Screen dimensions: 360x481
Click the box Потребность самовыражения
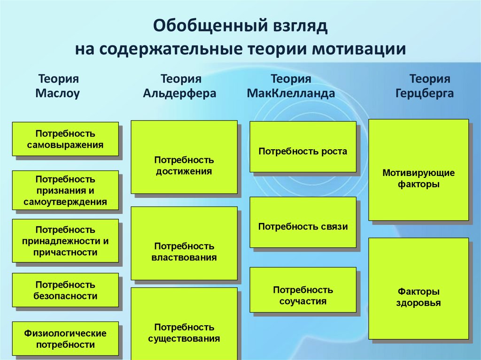[65, 139]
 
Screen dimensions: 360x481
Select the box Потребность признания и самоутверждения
[65, 191]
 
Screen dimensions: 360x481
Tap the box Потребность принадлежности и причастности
[65, 241]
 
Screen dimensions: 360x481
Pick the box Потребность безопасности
[65, 291]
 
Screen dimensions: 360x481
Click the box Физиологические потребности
[65, 339]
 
